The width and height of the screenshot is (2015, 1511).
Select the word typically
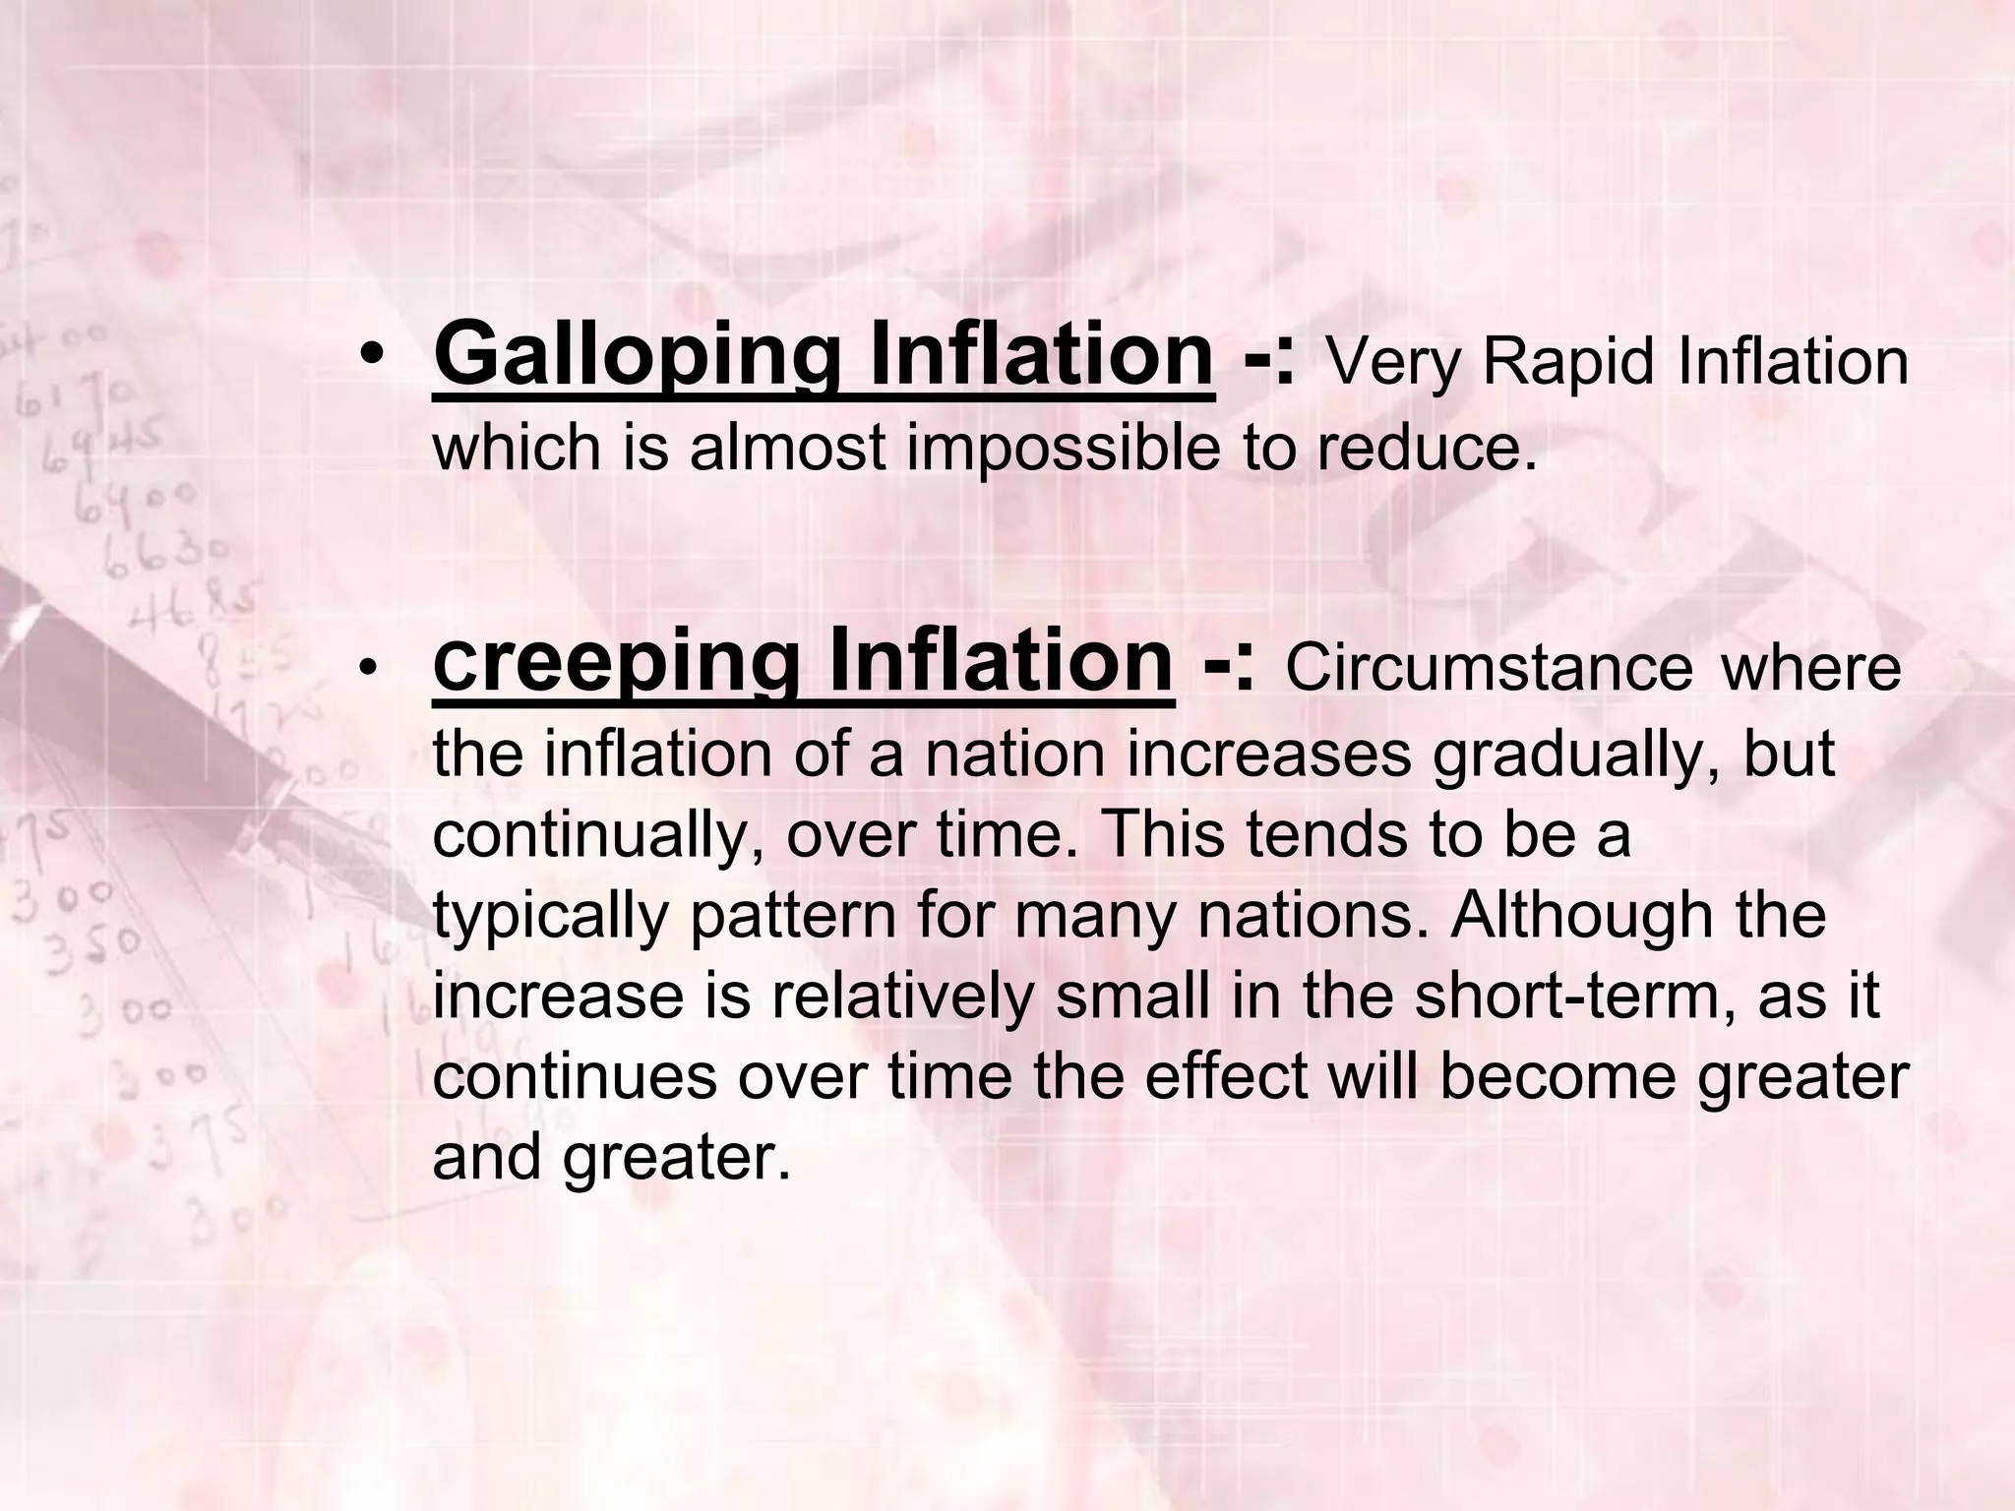[551, 917]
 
